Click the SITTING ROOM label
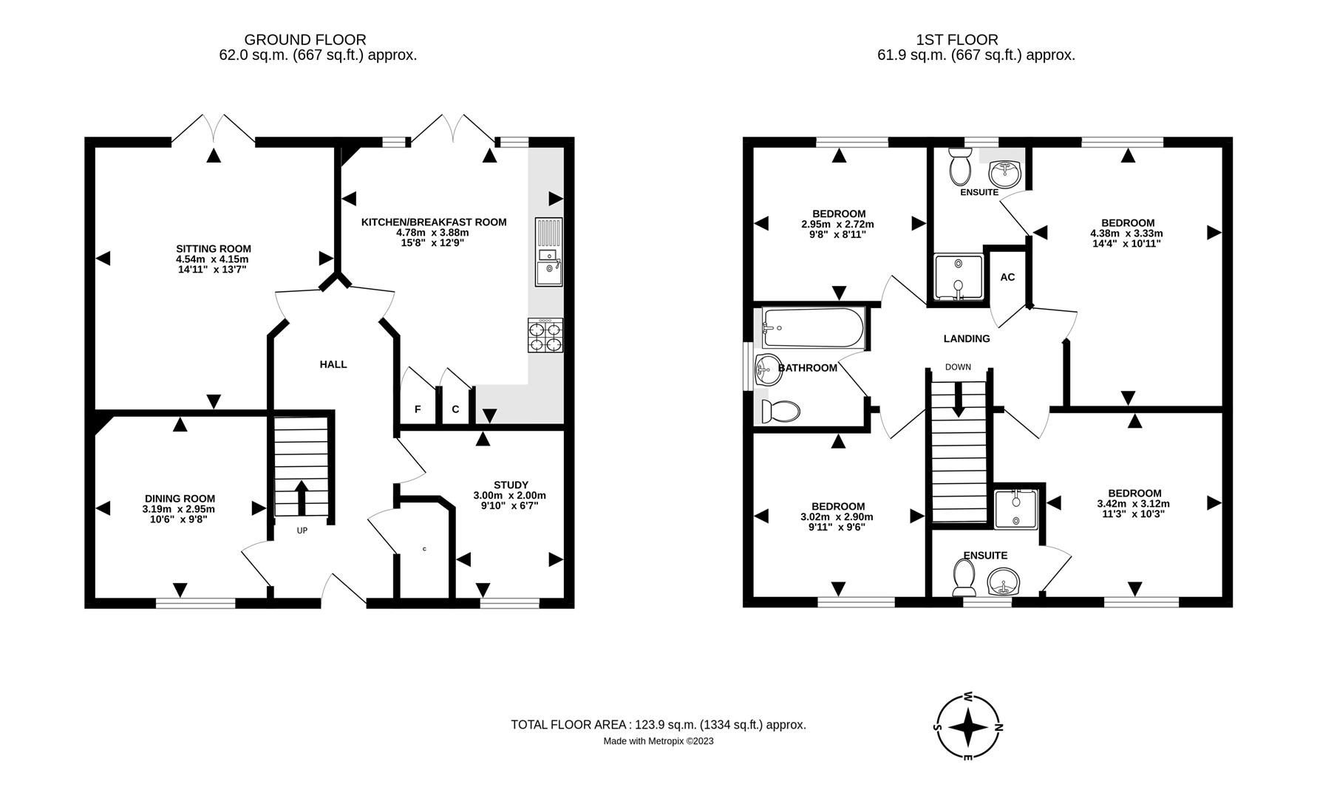click(x=213, y=249)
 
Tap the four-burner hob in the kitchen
click(x=545, y=335)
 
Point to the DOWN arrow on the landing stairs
click(x=958, y=403)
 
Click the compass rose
click(x=968, y=727)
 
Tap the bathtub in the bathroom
click(x=813, y=328)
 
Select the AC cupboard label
click(x=1007, y=277)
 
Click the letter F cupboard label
click(x=418, y=409)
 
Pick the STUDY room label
click(x=511, y=485)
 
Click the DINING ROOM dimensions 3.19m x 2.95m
click(x=179, y=509)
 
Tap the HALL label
click(x=333, y=364)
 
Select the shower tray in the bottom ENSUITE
click(x=1016, y=508)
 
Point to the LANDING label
click(x=966, y=338)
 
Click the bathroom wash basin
click(x=768, y=369)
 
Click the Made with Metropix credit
click(x=658, y=741)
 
